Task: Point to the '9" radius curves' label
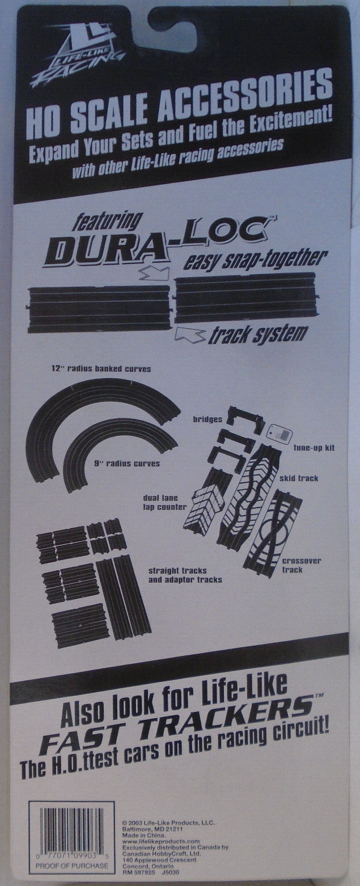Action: [126, 463]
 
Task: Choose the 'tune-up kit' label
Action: [314, 447]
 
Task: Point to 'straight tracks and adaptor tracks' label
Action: [184, 575]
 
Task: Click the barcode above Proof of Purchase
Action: [71, 832]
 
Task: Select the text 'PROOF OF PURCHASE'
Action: [71, 866]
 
